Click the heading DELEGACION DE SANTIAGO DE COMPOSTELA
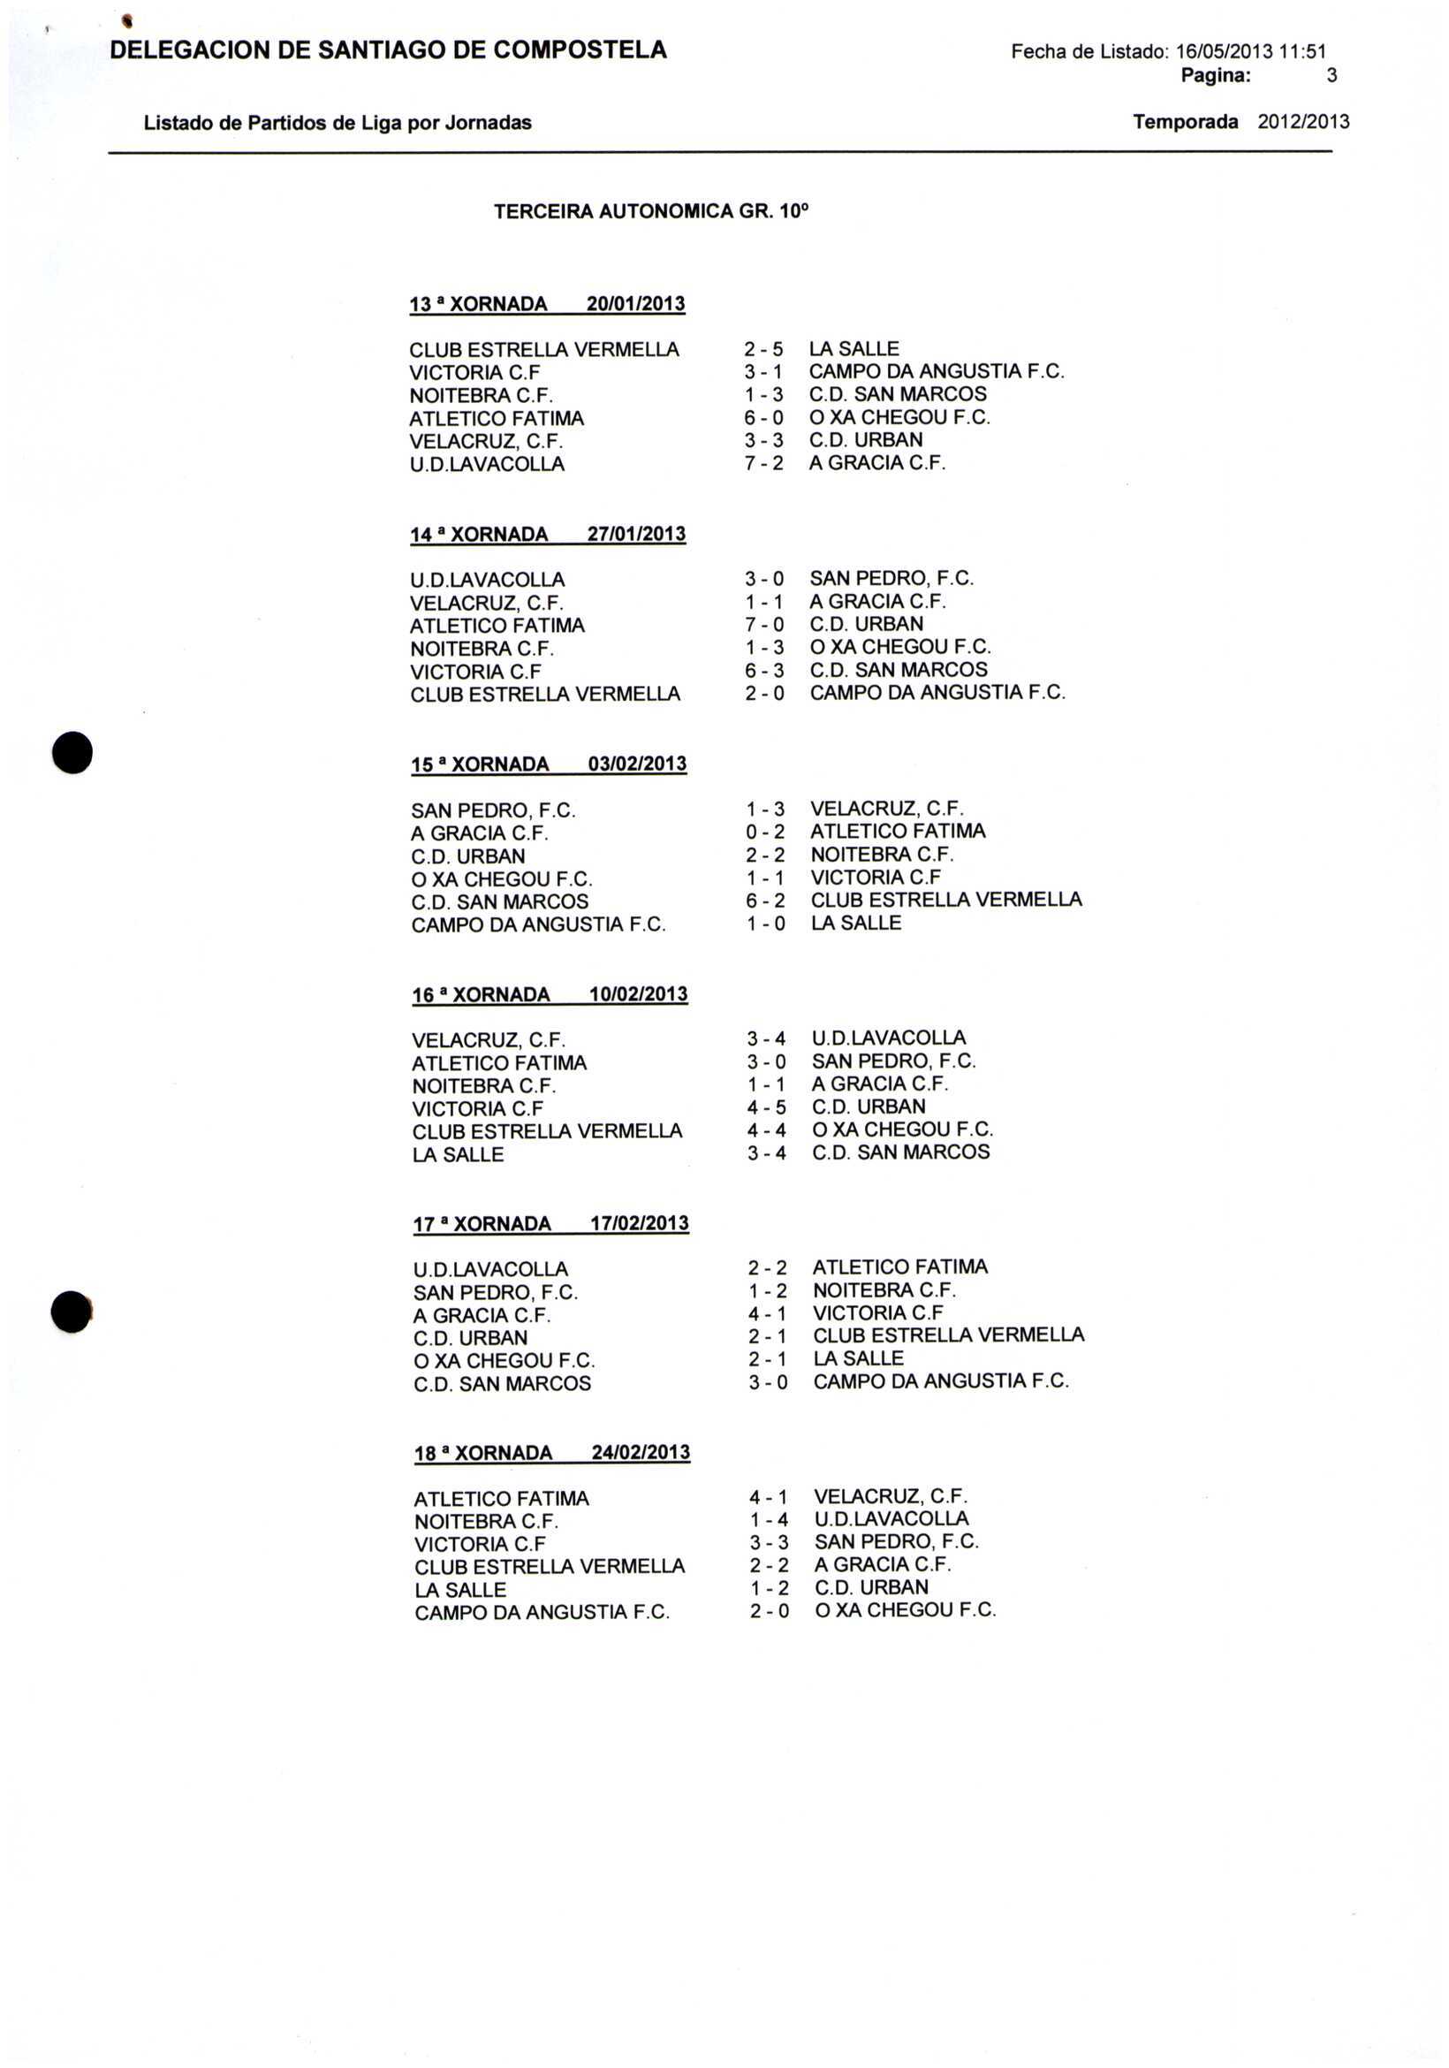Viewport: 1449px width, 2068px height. click(388, 50)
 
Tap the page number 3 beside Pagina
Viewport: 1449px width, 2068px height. click(1331, 77)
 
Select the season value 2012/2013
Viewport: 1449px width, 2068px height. click(1303, 122)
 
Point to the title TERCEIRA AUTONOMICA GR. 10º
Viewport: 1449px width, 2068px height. click(651, 212)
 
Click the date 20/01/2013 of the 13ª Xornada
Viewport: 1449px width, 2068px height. click(636, 304)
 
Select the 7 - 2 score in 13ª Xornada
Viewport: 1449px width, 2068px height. click(763, 463)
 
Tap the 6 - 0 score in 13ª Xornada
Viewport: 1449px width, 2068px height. click(763, 418)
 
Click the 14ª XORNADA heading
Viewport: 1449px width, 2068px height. click(479, 535)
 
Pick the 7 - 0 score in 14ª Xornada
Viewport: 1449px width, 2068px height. click(764, 624)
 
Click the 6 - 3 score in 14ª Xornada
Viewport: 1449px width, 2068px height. click(764, 670)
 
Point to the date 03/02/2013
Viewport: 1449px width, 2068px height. click(638, 764)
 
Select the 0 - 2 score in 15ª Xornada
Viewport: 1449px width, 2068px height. click(765, 832)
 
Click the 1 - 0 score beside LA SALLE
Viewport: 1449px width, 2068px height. click(765, 924)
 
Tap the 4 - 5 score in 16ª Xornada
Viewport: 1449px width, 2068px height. click(766, 1107)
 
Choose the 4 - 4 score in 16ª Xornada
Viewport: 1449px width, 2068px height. click(766, 1129)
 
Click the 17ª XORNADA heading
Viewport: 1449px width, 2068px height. click(482, 1224)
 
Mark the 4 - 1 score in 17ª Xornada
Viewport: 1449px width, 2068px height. click(767, 1314)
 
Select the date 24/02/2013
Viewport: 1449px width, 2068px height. click(641, 1453)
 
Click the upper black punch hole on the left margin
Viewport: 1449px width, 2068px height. click(72, 753)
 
